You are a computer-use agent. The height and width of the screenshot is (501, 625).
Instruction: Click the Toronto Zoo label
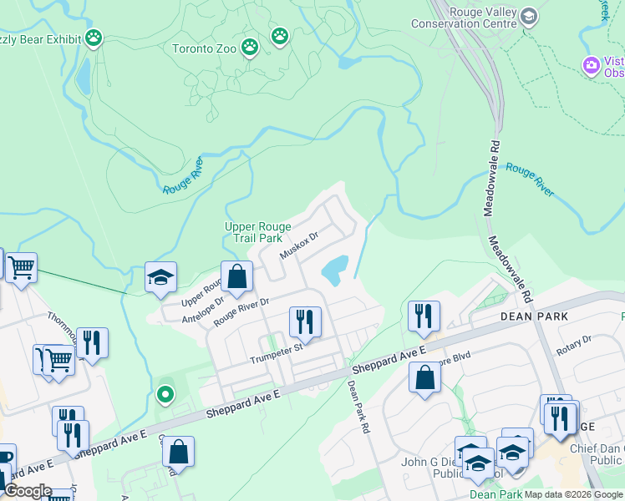[x=204, y=48]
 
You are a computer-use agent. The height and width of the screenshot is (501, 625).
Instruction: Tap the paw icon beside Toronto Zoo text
[x=249, y=48]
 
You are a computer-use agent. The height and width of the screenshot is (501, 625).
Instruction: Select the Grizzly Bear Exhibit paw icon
[x=94, y=38]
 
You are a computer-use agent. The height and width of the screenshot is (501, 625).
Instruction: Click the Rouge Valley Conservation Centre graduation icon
[x=528, y=17]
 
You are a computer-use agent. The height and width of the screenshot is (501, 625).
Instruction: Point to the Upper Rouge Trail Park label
[x=254, y=232]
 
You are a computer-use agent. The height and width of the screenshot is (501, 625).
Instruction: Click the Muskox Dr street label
[x=300, y=245]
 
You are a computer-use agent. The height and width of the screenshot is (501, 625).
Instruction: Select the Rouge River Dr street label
[x=241, y=312]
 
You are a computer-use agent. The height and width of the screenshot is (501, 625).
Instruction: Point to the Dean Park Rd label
[x=358, y=407]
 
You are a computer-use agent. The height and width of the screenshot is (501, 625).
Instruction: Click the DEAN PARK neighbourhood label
[x=534, y=316]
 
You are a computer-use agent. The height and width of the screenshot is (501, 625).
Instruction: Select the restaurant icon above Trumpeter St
[x=305, y=321]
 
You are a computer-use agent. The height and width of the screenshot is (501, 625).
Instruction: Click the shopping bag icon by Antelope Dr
[x=237, y=276]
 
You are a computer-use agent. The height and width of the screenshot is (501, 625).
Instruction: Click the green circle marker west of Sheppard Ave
[x=165, y=394]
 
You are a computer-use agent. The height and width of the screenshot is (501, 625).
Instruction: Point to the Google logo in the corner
[x=28, y=491]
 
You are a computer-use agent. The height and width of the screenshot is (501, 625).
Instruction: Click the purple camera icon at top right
[x=592, y=65]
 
